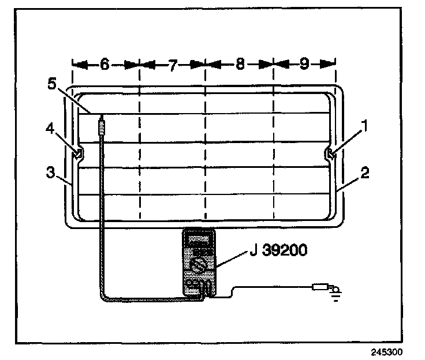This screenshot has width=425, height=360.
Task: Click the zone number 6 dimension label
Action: pos(105,65)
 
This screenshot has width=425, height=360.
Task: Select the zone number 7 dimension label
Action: pos(173,65)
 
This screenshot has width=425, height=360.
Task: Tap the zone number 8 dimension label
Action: pos(240,65)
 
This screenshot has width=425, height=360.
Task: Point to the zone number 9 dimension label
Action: pos(304,65)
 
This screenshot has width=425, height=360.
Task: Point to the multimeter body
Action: pos(198,263)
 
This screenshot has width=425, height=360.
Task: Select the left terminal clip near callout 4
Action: pos(77,153)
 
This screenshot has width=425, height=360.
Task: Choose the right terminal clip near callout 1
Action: pos(329,153)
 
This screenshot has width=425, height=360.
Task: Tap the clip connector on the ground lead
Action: pos(319,286)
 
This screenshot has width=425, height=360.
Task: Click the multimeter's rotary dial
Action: pos(198,266)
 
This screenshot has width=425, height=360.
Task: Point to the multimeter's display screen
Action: pos(197,239)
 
